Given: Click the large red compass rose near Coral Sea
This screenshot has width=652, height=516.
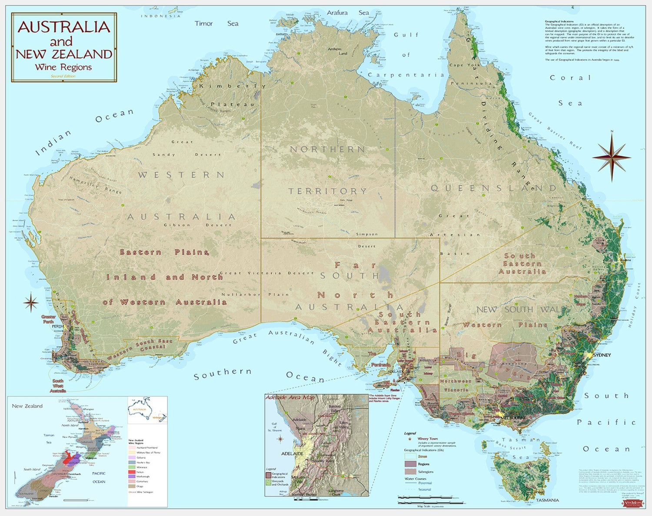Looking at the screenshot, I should pos(612,157).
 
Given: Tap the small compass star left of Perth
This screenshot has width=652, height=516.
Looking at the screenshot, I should pos(31,303).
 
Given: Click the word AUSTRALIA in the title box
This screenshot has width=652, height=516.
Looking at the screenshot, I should pos(64,27).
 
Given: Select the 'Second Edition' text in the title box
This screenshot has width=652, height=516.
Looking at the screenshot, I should pos(63,76).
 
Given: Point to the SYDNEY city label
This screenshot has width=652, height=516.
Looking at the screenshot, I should pos(602,355).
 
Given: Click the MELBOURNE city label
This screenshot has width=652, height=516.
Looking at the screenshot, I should pos(514,417).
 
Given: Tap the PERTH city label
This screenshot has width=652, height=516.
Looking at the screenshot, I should pos(58,326).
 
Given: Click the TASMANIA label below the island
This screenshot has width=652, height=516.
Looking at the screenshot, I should pos(547,500).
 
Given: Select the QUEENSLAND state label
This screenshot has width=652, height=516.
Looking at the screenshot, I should pos(493,188).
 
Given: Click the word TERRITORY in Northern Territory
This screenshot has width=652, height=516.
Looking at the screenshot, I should pos(328,191).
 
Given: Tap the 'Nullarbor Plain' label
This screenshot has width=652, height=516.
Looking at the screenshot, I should pos(255,294).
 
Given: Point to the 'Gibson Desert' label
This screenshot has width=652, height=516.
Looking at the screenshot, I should pos(198,225).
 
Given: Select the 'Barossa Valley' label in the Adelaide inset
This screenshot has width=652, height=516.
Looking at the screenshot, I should pos(335,409).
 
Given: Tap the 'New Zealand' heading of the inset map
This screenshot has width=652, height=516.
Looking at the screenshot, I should pos(27,406).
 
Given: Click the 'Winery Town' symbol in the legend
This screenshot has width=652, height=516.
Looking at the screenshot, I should pos(409,439).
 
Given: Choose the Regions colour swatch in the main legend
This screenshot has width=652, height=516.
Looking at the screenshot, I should pos(410,464).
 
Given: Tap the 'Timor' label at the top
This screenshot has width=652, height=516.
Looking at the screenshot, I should pos(203,23).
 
